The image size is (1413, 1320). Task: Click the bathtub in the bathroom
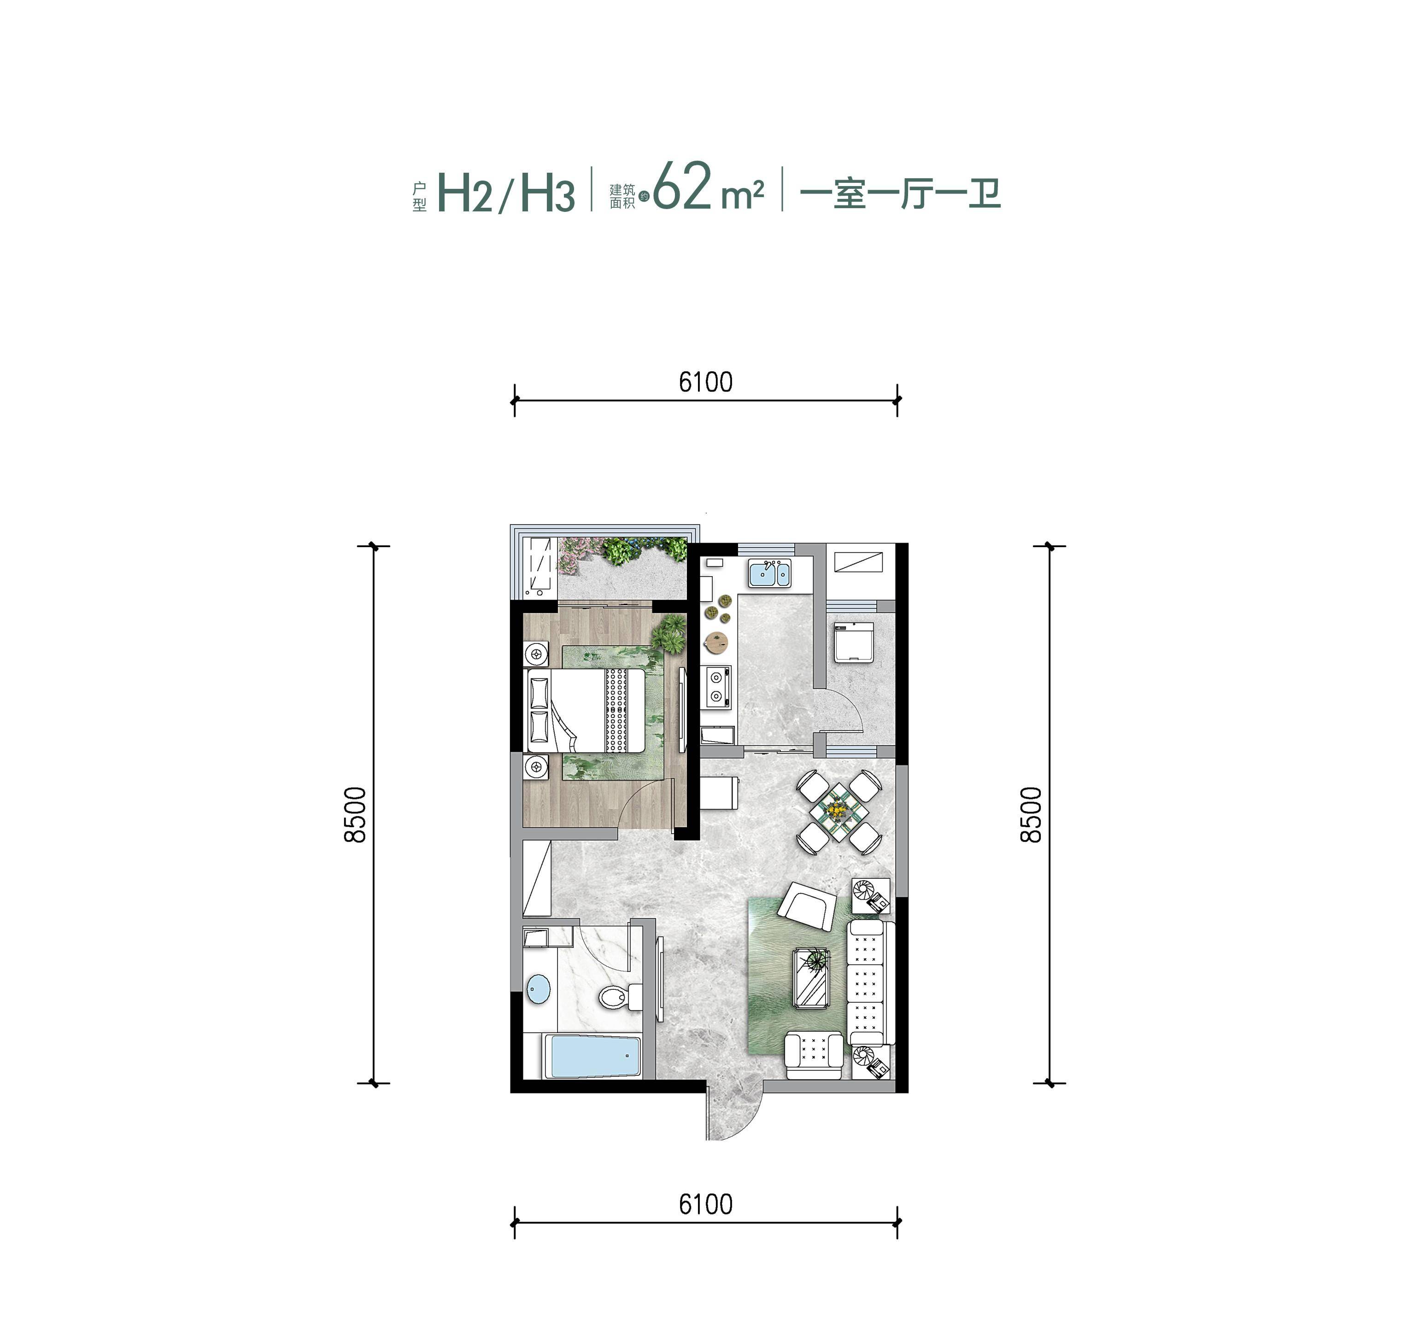pyautogui.click(x=593, y=1057)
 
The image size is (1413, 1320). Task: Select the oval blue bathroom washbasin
pyautogui.click(x=539, y=988)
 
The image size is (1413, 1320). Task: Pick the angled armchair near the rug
pyautogui.click(x=809, y=906)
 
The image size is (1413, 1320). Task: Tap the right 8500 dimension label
pyautogui.click(x=1031, y=814)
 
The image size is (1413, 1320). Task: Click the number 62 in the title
pyautogui.click(x=682, y=187)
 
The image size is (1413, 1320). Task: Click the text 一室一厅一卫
pyautogui.click(x=900, y=193)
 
